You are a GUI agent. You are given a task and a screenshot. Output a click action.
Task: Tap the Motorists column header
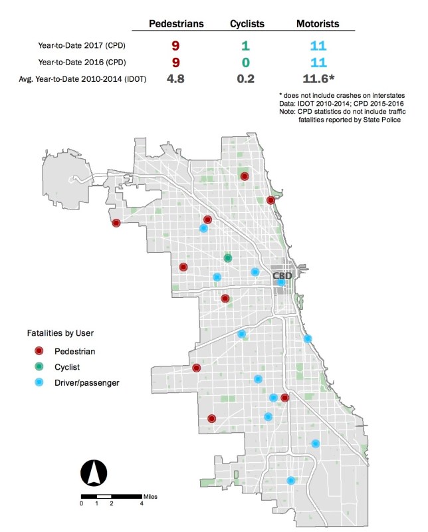(318, 24)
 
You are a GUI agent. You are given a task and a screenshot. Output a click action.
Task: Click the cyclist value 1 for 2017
(245, 46)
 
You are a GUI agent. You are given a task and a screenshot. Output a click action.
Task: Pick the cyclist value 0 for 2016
(245, 63)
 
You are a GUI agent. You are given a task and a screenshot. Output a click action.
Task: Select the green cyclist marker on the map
(228, 257)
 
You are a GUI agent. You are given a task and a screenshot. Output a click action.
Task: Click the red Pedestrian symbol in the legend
(39, 350)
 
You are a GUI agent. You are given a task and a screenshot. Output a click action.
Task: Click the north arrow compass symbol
(94, 472)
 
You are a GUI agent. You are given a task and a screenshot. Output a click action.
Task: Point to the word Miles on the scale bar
(150, 495)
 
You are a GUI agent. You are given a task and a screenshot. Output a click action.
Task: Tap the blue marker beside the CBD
(282, 283)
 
